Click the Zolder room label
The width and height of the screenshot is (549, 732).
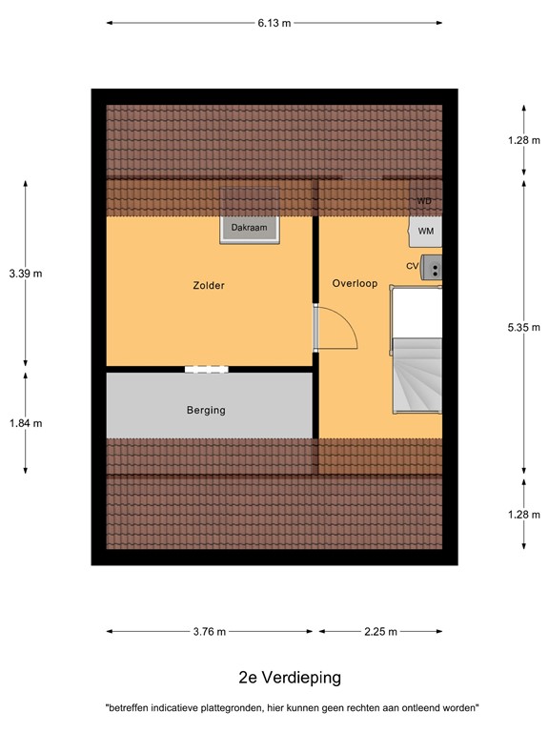(208, 285)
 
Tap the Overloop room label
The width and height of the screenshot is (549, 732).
(355, 283)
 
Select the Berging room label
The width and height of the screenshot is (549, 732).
(206, 411)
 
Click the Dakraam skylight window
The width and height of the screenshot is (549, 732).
(250, 228)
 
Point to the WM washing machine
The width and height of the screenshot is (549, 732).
(426, 231)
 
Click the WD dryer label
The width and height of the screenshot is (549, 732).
(425, 202)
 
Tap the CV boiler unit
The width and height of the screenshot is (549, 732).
(431, 266)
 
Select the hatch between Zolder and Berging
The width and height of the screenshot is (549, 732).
(207, 369)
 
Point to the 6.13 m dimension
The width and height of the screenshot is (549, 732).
(274, 22)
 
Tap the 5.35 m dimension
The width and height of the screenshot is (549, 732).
(524, 327)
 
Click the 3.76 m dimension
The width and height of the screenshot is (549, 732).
(209, 631)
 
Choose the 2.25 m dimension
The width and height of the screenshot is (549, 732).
(380, 631)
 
